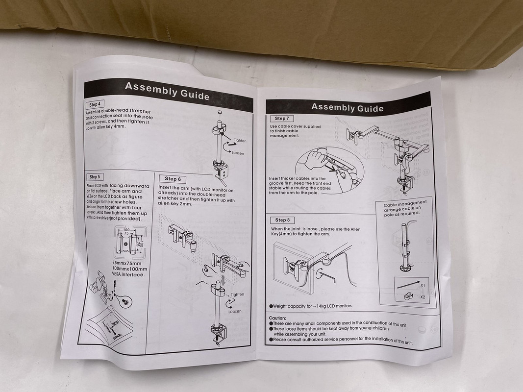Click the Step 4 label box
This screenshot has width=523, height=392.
95,104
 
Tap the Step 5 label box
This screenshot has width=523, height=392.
95,176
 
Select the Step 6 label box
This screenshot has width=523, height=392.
173,179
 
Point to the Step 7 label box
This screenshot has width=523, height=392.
282,118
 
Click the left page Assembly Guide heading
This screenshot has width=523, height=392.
167,91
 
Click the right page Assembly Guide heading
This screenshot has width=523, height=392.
347,107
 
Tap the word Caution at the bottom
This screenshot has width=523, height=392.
277,318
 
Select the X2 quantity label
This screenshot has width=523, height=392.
423,297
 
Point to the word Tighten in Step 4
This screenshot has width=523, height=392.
240,141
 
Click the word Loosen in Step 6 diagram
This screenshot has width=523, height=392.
235,311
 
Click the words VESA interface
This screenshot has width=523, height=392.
128,275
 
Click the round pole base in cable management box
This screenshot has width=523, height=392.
406,268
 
